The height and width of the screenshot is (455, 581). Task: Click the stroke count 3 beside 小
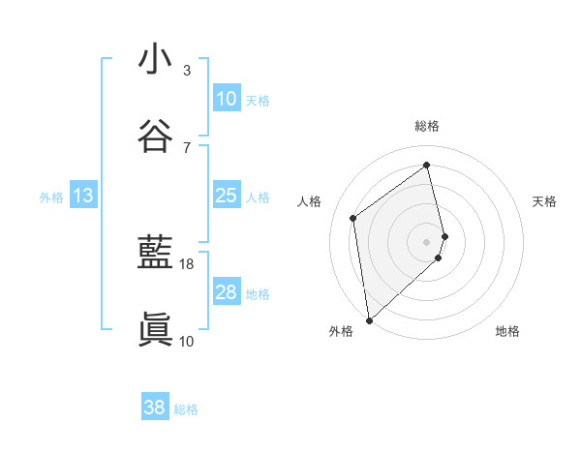point(187,71)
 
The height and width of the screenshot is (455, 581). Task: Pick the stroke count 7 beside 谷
point(187,147)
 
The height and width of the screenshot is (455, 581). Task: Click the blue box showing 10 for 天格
point(226,99)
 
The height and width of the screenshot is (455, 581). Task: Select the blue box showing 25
point(226,196)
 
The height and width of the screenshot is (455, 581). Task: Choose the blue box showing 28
point(226,292)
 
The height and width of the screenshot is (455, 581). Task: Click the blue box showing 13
point(82,196)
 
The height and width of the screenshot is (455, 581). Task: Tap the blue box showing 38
point(154,408)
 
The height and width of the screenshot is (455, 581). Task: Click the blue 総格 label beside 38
point(186,409)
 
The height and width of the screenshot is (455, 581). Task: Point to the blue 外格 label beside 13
point(51,197)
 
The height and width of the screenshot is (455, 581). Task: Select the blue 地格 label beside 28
point(258,294)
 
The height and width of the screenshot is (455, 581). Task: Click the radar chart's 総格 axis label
point(427,126)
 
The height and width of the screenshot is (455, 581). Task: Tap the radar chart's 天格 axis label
point(544,201)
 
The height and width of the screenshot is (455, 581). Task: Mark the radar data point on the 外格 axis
point(369,319)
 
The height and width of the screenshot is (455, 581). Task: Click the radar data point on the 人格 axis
point(353,218)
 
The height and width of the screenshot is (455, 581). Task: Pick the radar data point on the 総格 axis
point(427,165)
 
